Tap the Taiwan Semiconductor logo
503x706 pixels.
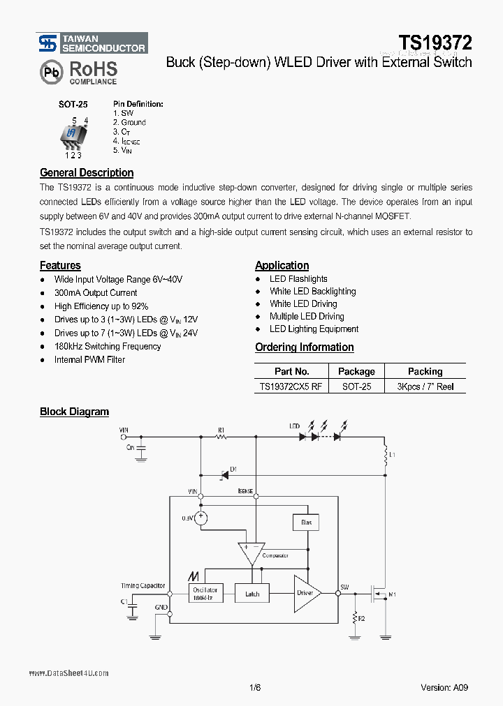(92, 43)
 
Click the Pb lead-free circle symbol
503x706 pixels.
(51, 72)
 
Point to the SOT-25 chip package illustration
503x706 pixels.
(73, 134)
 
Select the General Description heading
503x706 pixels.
(87, 172)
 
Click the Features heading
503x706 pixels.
(60, 265)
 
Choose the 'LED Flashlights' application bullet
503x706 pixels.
(298, 278)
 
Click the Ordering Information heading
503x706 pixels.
(304, 347)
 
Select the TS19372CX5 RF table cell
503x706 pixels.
(291, 386)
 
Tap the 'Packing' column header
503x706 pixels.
(425, 371)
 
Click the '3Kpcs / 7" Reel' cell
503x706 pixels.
(425, 386)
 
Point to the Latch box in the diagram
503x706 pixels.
(252, 594)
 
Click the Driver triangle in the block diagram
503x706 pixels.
(306, 593)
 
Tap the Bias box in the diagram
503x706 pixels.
(306, 522)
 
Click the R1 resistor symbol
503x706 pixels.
(221, 437)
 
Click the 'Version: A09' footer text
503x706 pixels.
(444, 686)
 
